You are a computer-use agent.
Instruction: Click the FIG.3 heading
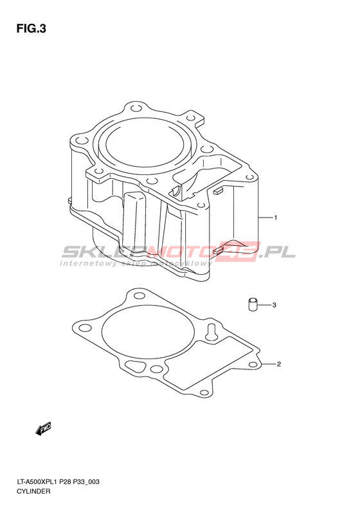point(31,29)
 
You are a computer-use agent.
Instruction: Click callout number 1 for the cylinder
point(275,217)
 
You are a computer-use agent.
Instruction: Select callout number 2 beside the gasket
point(278,364)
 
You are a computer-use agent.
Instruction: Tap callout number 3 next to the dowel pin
point(274,305)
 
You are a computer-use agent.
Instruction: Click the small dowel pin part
point(253,304)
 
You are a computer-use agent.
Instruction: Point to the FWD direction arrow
point(43,429)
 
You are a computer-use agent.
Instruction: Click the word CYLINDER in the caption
point(33,491)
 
